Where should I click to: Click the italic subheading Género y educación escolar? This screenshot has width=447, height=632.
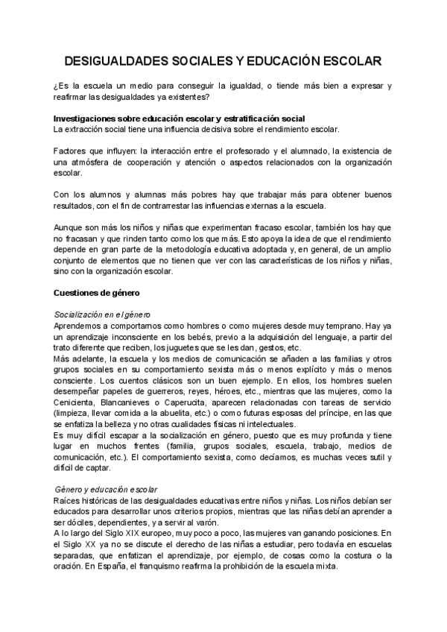click(107, 489)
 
